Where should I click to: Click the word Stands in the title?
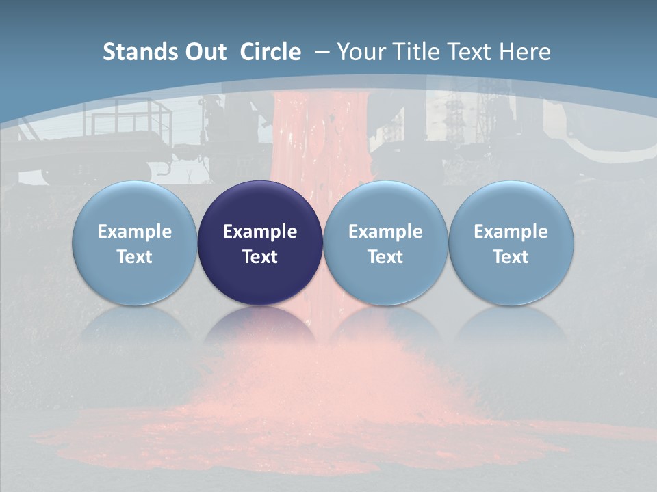pyautogui.click(x=137, y=52)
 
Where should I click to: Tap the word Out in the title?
pyautogui.click(x=203, y=52)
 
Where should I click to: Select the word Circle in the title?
pyautogui.click(x=270, y=52)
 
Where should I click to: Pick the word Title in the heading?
pyautogui.click(x=414, y=52)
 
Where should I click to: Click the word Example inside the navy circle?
pyautogui.click(x=260, y=232)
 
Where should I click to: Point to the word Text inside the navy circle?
pyautogui.click(x=260, y=257)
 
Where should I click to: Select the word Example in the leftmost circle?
pyautogui.click(x=134, y=232)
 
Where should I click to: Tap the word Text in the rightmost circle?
pyautogui.click(x=511, y=257)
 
